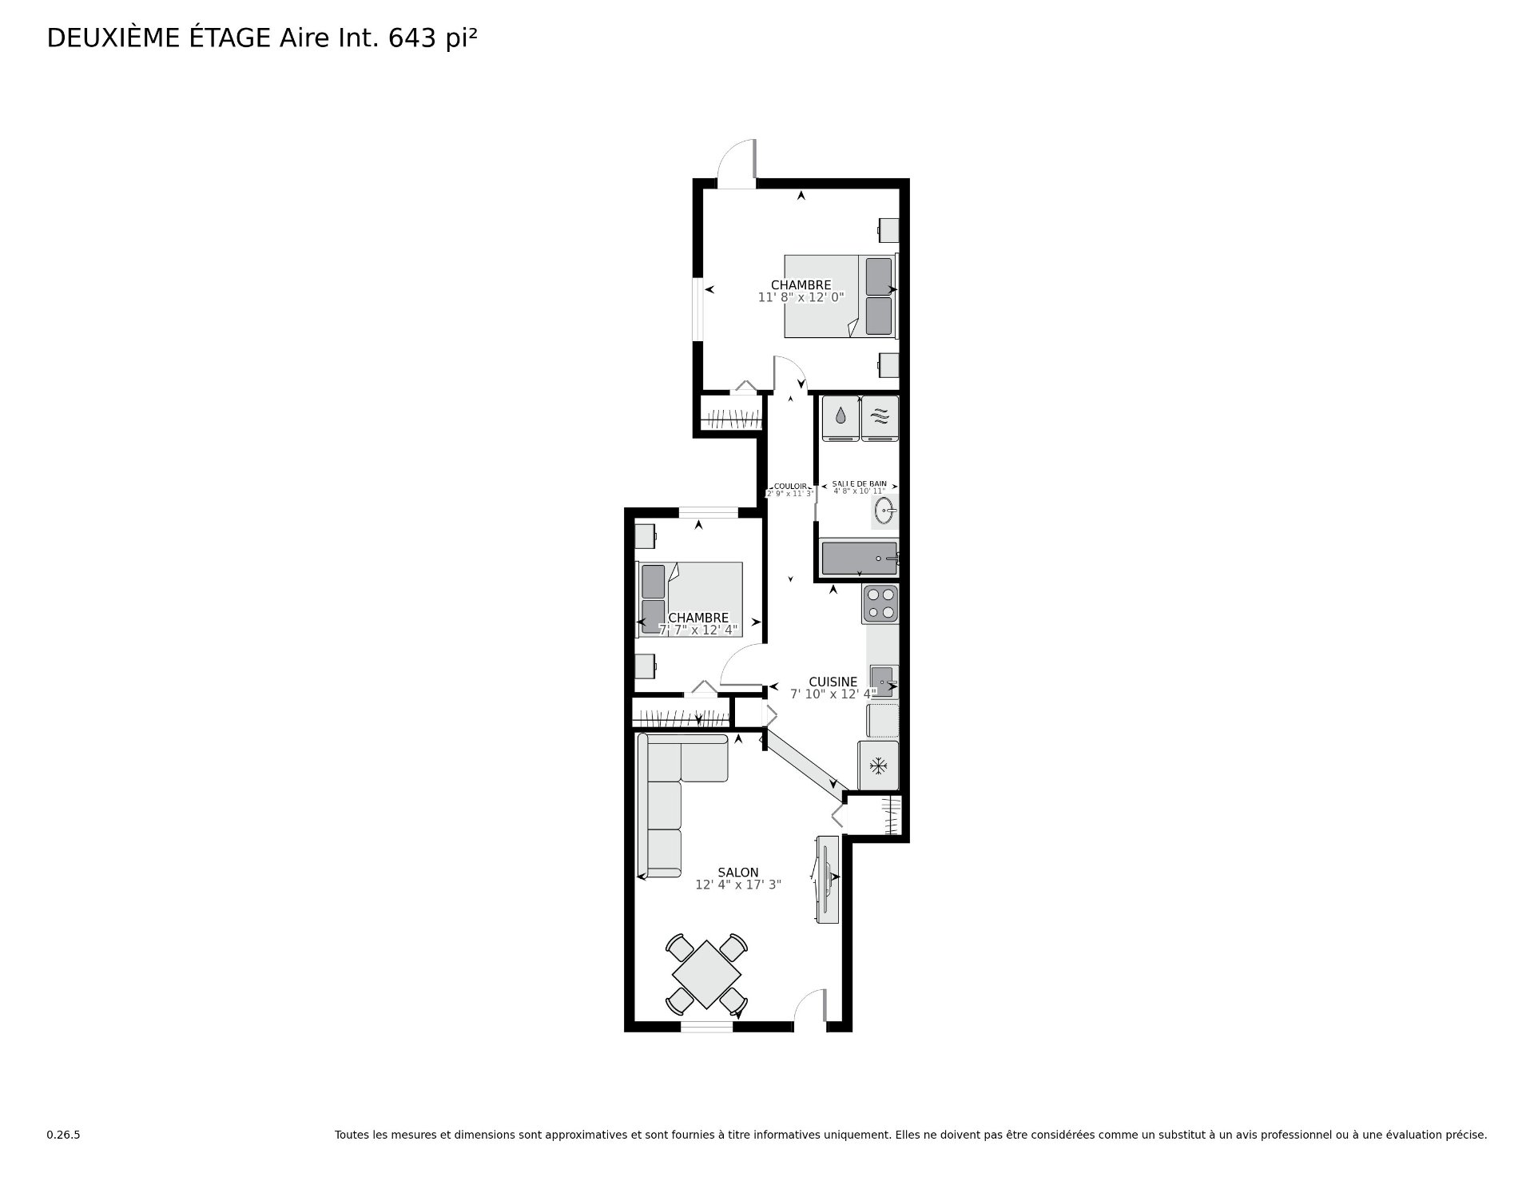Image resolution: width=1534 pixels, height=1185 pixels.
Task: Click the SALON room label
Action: (737, 873)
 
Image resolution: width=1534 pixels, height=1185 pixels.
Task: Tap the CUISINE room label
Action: (833, 682)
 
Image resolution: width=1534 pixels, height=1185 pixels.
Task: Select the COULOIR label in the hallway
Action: (790, 486)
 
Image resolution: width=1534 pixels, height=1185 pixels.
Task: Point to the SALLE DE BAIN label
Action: (859, 484)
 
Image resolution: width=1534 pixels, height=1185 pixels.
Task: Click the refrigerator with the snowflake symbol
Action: (878, 766)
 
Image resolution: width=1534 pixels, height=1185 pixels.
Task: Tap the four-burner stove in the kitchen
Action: (880, 604)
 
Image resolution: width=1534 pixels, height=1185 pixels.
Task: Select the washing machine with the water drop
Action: (841, 418)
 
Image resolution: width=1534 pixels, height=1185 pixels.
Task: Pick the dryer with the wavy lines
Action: (880, 418)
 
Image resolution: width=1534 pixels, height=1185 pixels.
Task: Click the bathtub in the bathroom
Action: (859, 559)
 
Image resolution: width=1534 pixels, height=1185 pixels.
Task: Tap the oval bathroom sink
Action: (884, 510)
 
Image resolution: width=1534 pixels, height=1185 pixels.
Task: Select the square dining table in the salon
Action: (706, 974)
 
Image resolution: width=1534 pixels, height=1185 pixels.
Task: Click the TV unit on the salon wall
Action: (827, 880)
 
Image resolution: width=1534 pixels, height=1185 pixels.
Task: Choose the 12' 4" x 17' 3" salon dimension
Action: (737, 885)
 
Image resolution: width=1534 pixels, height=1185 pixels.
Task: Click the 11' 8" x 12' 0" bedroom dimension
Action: (801, 297)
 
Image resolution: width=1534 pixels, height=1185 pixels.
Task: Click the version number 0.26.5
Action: (63, 1135)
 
